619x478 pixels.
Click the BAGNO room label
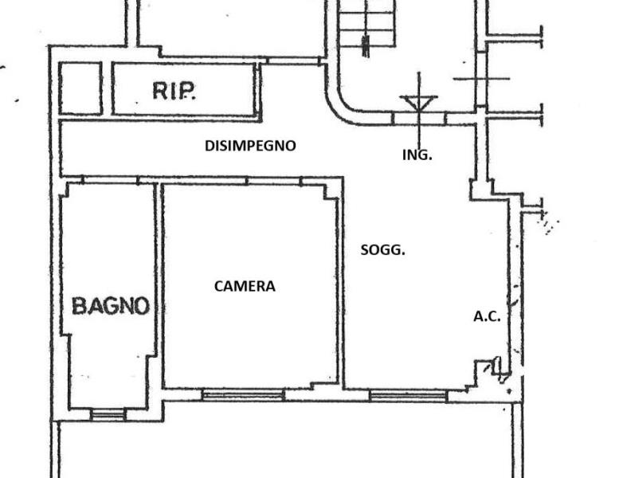tap(111, 306)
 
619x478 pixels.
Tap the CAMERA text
tap(245, 286)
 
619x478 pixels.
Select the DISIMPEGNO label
tap(250, 146)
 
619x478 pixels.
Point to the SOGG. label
tap(383, 250)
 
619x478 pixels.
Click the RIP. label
tap(174, 91)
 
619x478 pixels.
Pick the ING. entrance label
tap(417, 155)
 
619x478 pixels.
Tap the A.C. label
tap(487, 316)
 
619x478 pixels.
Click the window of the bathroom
tap(108, 414)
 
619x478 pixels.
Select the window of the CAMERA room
tap(243, 394)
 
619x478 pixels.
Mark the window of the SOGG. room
tap(409, 396)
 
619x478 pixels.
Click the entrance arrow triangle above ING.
tap(418, 102)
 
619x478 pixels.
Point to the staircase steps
tap(367, 24)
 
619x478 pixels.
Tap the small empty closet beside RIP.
tap(80, 88)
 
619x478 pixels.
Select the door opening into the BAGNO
tap(111, 180)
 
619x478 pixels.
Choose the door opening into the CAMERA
tap(274, 181)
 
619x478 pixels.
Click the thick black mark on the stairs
tap(366, 45)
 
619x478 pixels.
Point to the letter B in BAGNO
tap(79, 306)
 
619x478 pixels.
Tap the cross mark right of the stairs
tap(481, 79)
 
